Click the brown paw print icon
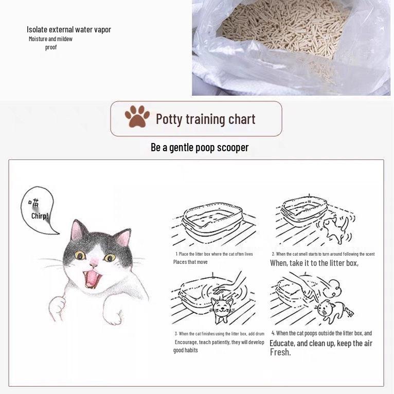[137, 117]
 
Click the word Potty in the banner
[169, 119]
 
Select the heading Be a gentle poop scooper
[200, 148]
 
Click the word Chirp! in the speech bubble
[40, 216]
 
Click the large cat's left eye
[80, 255]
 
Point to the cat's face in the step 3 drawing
[221, 308]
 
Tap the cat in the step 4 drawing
[327, 309]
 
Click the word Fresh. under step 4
[280, 352]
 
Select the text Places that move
[190, 262]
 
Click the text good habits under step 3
[186, 350]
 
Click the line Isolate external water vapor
[68, 29]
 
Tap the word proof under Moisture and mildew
[51, 47]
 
